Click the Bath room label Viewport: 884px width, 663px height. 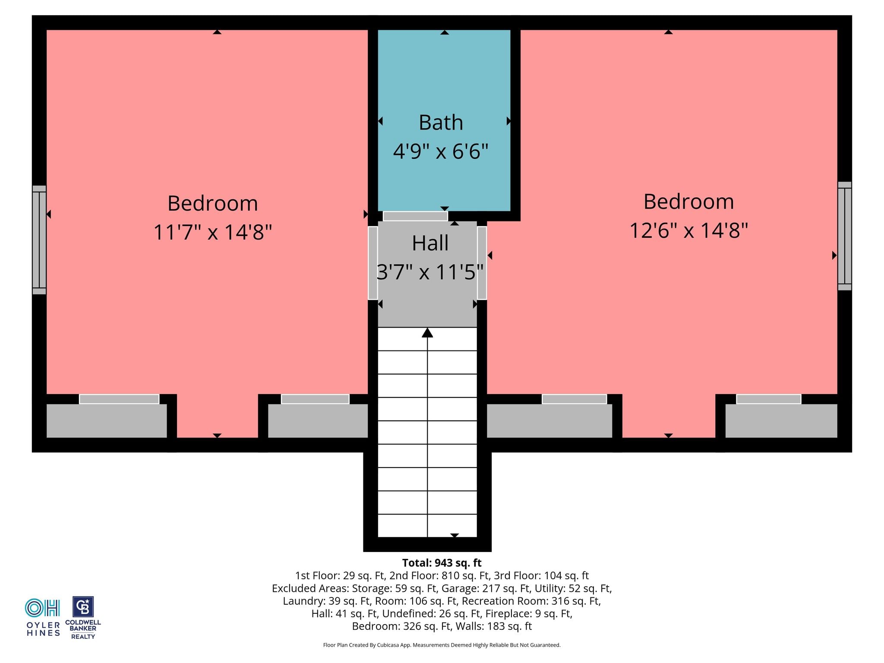[x=441, y=123]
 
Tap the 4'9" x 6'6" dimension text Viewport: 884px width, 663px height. [x=441, y=152]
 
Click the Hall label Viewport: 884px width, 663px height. [x=430, y=243]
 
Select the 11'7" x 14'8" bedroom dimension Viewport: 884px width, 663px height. [x=213, y=232]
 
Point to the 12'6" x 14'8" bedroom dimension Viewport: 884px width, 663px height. [x=688, y=230]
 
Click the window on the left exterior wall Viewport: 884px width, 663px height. [x=39, y=240]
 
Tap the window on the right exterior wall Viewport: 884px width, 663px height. [x=845, y=236]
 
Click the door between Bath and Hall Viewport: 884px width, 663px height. [x=415, y=216]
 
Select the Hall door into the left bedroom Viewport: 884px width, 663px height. [x=373, y=263]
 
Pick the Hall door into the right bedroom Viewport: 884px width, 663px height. [x=482, y=263]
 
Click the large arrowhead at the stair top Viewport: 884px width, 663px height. [x=427, y=332]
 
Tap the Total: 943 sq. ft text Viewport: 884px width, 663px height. [x=442, y=563]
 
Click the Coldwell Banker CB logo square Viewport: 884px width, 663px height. [x=83, y=607]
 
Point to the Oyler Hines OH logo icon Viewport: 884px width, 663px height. [x=42, y=608]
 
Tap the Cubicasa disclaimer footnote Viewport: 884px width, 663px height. [x=442, y=645]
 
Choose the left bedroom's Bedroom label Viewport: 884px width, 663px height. [x=213, y=203]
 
